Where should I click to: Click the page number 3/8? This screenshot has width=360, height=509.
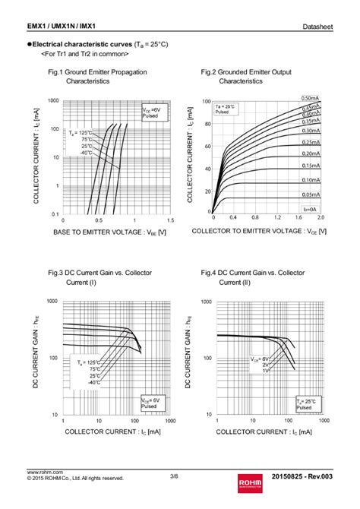click(174, 476)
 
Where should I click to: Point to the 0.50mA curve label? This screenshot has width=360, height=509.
click(310, 98)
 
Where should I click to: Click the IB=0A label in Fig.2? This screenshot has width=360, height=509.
click(308, 207)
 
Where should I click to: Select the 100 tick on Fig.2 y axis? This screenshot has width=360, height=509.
click(206, 101)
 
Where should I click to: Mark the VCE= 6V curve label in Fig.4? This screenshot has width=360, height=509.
click(261, 357)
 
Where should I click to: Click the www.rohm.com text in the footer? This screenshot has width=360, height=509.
click(45, 472)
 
